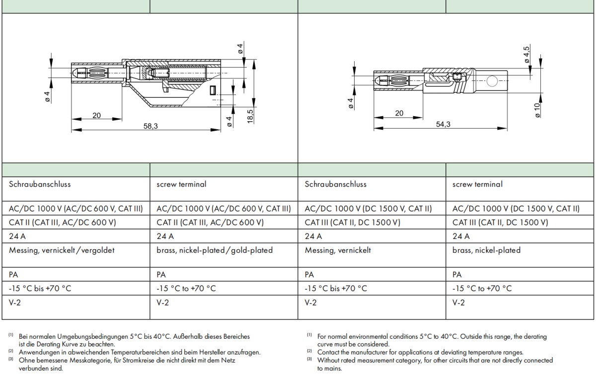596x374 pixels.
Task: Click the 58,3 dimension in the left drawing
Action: tap(150, 126)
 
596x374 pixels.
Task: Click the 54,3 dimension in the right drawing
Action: tap(443, 124)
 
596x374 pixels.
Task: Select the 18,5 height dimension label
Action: tap(250, 116)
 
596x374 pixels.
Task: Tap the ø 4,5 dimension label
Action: tap(526, 55)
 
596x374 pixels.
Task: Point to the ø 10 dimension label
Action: tap(537, 110)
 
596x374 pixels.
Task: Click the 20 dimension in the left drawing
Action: tap(96, 115)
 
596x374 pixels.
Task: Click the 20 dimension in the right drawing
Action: tap(399, 113)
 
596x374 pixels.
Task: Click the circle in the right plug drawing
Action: tap(492, 81)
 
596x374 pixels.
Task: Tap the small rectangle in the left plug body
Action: tap(213, 90)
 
